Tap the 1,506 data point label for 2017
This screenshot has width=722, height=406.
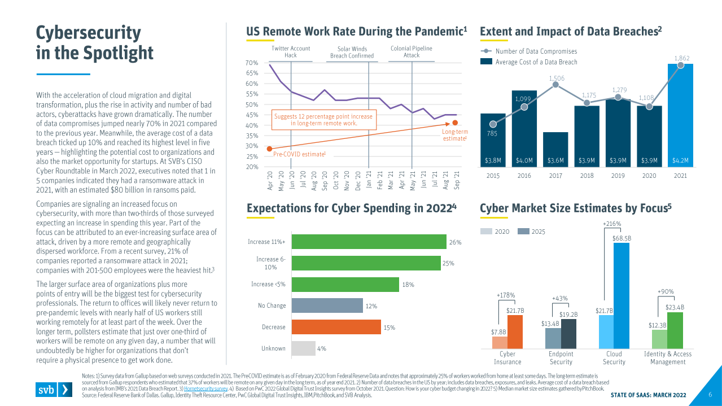coord(555,78)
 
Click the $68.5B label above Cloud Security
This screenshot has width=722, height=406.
coord(622,238)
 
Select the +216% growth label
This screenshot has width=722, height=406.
coord(612,224)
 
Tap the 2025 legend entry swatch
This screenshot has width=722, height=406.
coord(523,232)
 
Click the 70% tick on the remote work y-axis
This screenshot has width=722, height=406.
coord(252,63)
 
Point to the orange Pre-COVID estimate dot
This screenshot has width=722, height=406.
coord(269,149)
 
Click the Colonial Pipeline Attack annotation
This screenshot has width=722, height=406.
coord(412,52)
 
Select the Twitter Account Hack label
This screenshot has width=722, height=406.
coord(291,52)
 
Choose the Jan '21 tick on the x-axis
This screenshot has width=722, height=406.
coord(368,180)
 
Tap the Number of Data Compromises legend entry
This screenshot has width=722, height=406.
coord(536,51)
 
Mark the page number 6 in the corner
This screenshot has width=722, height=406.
coord(710,395)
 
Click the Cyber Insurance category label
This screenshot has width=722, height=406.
coord(507,358)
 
